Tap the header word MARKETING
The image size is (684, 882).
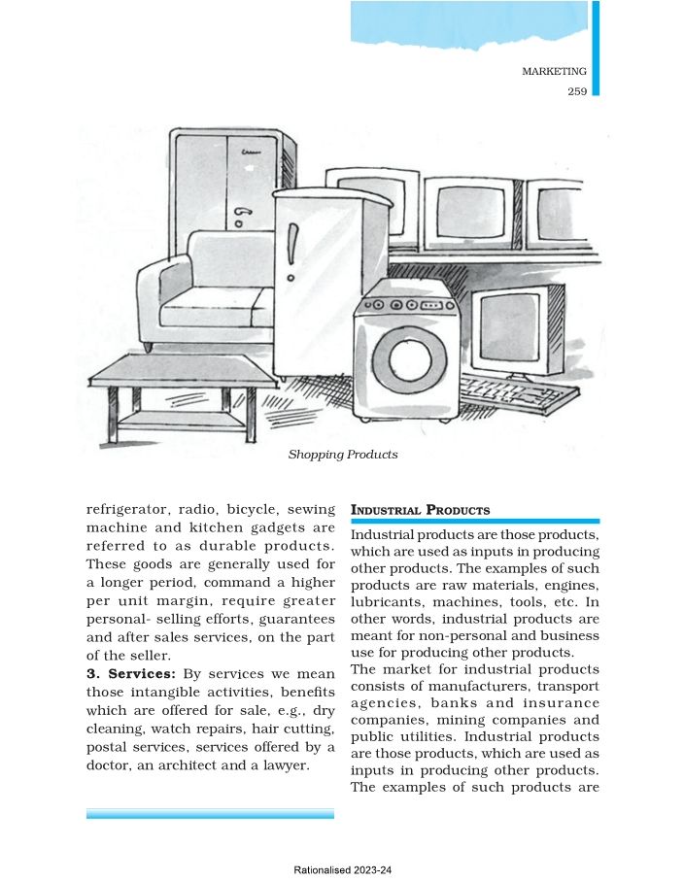click(x=554, y=71)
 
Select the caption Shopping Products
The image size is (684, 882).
click(x=343, y=454)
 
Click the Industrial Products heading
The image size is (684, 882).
click(x=420, y=510)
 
